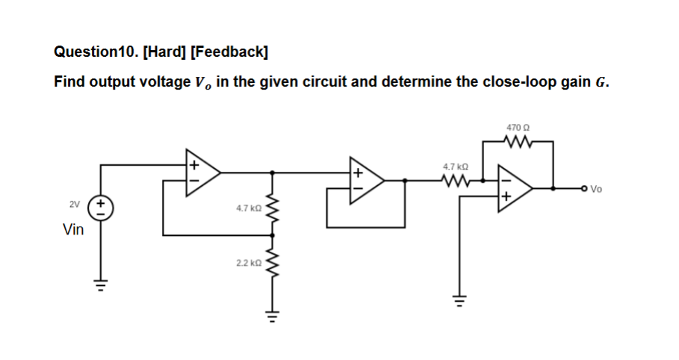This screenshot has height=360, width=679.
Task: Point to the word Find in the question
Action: click(x=69, y=82)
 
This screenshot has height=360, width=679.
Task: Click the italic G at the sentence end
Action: click(x=603, y=82)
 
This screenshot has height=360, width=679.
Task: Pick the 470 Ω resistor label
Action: click(x=517, y=128)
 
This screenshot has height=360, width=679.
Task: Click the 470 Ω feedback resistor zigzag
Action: click(x=517, y=142)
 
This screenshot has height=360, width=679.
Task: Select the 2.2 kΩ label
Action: click(x=247, y=264)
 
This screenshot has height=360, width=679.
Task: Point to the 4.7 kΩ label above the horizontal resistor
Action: click(x=455, y=167)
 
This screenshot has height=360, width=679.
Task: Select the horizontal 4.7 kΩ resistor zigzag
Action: click(x=455, y=180)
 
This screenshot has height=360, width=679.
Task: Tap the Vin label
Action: click(x=72, y=230)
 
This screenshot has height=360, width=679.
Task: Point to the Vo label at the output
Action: click(x=595, y=189)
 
